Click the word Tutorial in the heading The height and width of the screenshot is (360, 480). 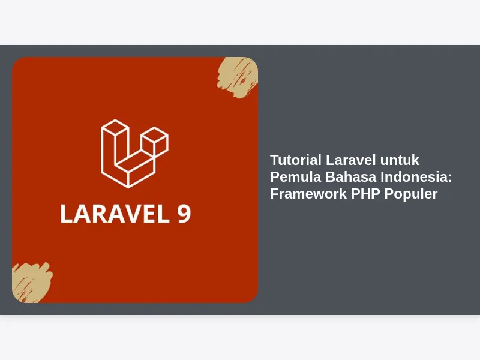[296, 160]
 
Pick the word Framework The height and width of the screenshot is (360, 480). [308, 194]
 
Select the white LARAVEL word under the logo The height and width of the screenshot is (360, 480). [115, 214]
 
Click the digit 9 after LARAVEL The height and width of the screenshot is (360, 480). [184, 214]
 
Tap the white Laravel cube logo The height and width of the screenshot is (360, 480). [134, 154]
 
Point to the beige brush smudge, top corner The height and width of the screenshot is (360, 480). [238, 77]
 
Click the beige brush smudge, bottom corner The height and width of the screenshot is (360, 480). [32, 282]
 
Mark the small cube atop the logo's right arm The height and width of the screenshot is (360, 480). [155, 139]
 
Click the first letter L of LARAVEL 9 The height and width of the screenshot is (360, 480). [66, 214]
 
